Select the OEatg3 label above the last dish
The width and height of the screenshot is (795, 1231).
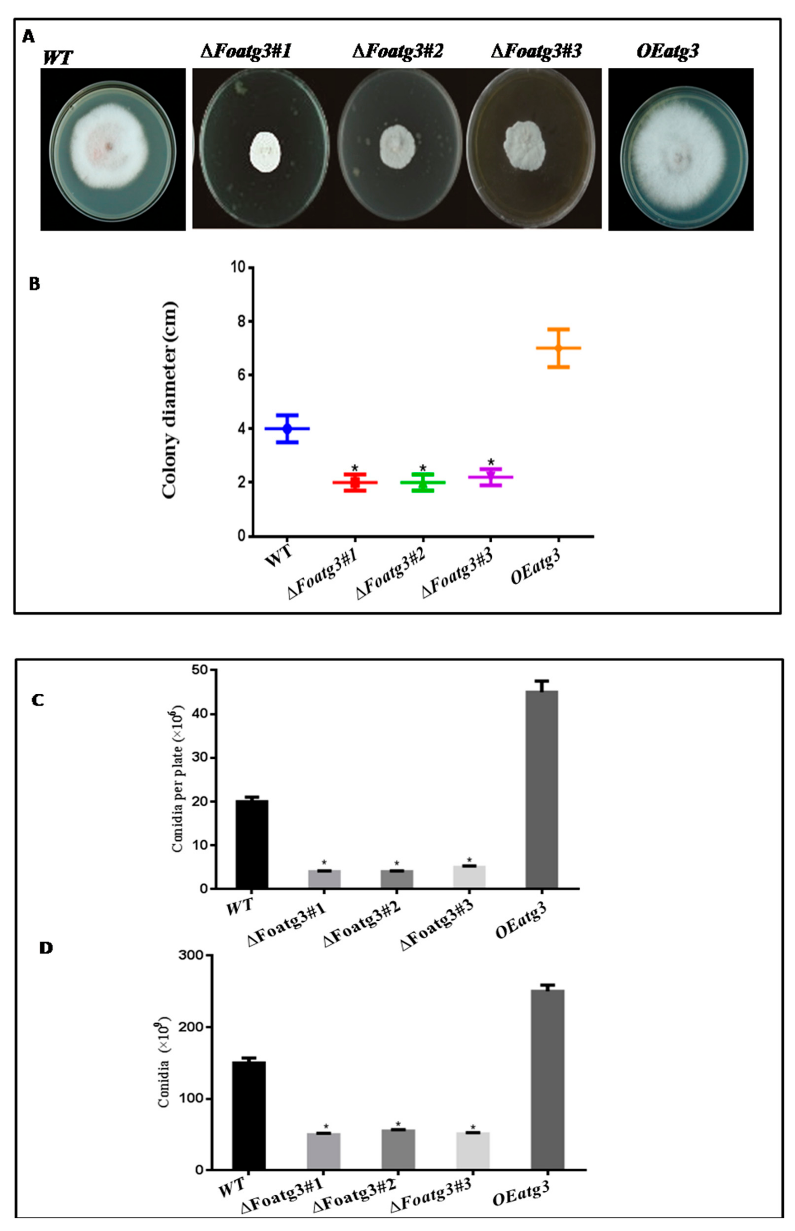pos(668,51)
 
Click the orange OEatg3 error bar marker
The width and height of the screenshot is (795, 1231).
pos(558,348)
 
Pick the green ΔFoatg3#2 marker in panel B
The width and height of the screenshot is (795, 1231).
pos(423,483)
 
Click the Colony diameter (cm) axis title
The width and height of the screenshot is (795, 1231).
pos(170,400)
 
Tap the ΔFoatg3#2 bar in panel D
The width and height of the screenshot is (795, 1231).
pos(398,1149)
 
